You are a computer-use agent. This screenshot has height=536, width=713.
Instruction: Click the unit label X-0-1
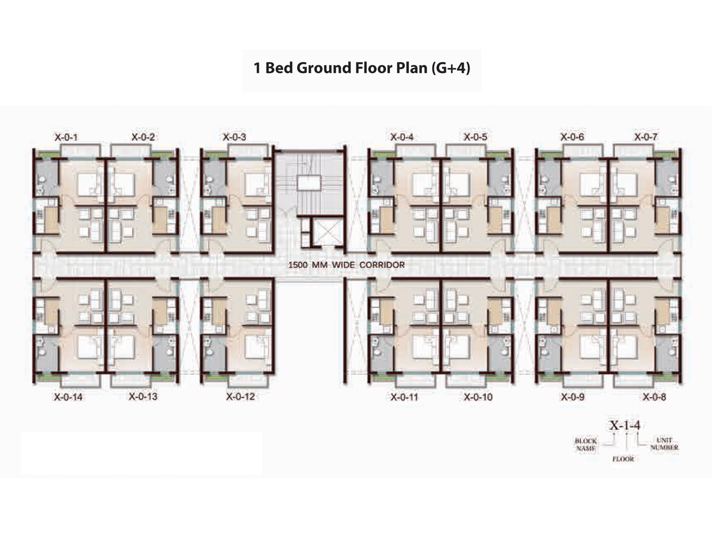click(66, 137)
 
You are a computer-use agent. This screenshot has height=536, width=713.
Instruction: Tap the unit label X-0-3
click(234, 137)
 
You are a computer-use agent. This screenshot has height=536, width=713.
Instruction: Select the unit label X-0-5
click(476, 137)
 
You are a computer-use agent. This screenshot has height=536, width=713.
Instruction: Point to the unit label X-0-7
click(646, 137)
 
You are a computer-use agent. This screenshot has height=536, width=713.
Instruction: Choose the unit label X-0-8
click(654, 397)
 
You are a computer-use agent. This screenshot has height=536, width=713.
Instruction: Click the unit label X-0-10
click(478, 397)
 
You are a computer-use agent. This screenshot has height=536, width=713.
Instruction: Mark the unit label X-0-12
click(240, 397)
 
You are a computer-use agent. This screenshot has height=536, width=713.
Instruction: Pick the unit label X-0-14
click(68, 397)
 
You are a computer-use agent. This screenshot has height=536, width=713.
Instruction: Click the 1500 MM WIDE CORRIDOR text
click(347, 265)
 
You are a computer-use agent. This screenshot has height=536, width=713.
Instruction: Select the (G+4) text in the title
click(450, 68)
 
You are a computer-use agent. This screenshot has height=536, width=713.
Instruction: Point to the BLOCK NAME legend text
click(586, 445)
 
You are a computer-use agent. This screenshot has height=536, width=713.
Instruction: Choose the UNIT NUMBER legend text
click(664, 444)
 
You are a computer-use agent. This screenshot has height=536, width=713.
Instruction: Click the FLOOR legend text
click(623, 459)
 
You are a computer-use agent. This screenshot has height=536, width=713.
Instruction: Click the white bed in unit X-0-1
click(89, 185)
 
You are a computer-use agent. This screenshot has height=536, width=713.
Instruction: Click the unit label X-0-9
click(573, 397)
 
